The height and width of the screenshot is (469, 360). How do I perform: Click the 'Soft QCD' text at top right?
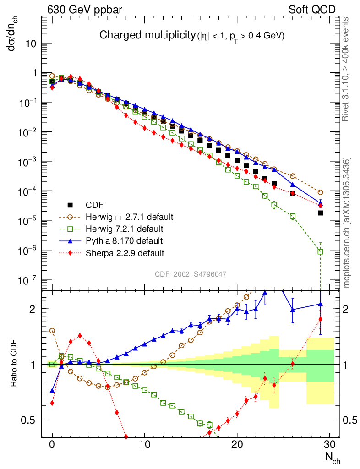pos(312,9)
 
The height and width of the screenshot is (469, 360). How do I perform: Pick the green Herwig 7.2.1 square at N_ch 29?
pos(321,251)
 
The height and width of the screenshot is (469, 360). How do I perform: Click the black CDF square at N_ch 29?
pos(321,213)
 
